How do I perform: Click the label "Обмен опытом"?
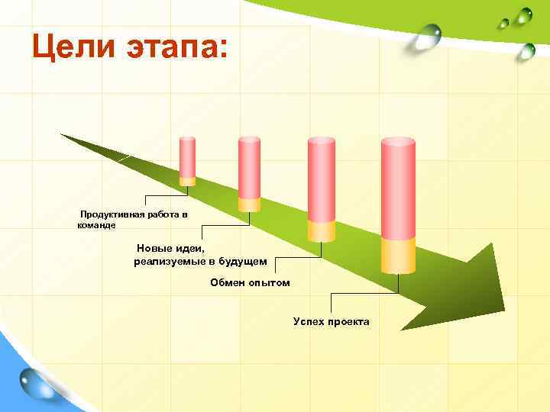251,283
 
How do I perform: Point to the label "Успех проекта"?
331,321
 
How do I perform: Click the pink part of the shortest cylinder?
187,158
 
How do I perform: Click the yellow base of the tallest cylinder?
398,254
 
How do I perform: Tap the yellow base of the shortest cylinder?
187,182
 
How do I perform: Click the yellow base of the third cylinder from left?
322,231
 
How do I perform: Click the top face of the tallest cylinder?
398,142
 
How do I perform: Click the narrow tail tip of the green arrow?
63,136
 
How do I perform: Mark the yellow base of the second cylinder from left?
250,204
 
